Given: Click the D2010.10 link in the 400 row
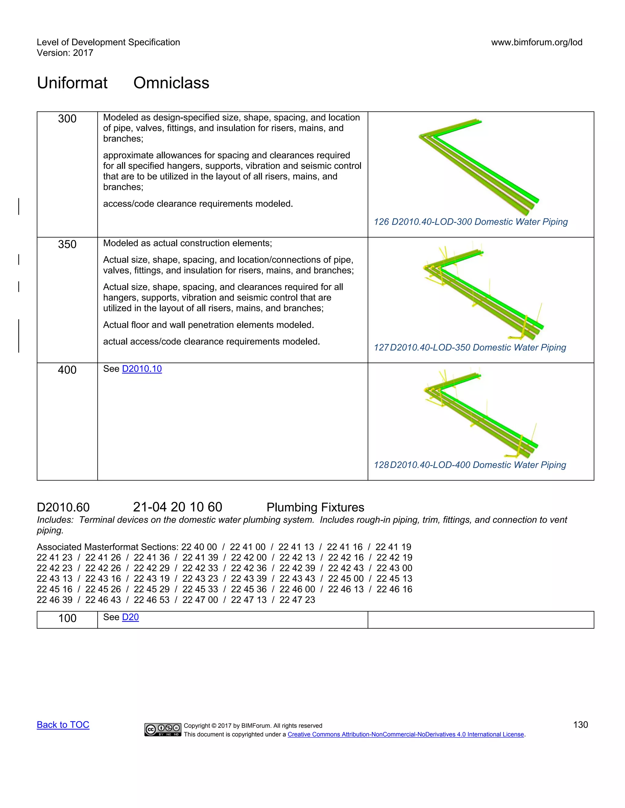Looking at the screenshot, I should [142, 369].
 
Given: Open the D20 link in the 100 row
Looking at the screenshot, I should [130, 617].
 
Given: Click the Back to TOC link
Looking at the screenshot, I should [63, 725].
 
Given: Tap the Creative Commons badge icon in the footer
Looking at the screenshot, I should [163, 730].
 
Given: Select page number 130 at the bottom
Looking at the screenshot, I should [580, 725].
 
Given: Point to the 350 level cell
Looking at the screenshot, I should [67, 244].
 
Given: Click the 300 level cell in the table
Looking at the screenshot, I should [67, 119].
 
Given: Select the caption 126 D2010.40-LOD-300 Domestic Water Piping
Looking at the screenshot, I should [471, 222].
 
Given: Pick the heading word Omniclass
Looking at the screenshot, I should [171, 83].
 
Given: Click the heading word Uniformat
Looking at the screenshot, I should [72, 83].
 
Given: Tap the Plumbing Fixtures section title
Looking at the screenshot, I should [315, 507].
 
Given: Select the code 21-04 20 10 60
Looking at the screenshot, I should [177, 507].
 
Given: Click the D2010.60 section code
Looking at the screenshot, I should [63, 507].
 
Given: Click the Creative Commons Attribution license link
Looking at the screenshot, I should [406, 735].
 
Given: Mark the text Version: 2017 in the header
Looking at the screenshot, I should [65, 53].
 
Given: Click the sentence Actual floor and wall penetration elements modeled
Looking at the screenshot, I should [208, 325].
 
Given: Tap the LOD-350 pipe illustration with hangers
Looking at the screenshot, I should [481, 292].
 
